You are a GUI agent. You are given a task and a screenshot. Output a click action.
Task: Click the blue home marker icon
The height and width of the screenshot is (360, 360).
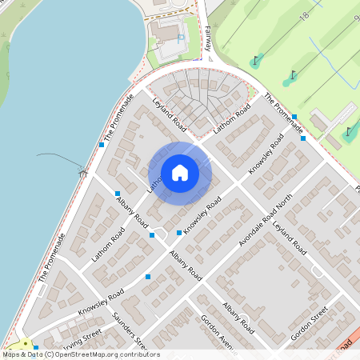pyautogui.click(x=180, y=173)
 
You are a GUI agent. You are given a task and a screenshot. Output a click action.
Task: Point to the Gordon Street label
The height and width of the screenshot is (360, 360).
pyautogui.click(x=310, y=325)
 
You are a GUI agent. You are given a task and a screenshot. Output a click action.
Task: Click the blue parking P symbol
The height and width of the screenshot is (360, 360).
pyautogui.click(x=181, y=37)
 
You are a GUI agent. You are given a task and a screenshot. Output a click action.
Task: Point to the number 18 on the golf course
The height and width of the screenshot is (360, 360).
pyautogui.click(x=304, y=16)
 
